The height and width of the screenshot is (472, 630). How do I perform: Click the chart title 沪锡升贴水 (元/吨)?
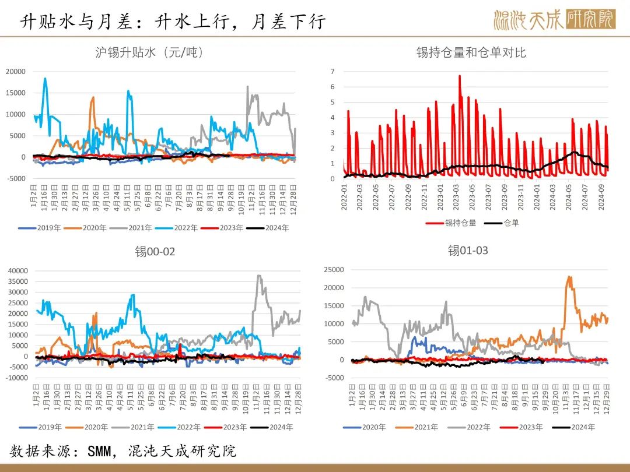149,52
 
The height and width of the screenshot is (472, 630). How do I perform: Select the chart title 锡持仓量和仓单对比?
471,52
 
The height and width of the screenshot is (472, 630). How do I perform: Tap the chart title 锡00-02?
155,252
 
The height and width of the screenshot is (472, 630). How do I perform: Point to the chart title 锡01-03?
468,251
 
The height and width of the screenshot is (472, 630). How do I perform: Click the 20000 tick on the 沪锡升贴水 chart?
16,71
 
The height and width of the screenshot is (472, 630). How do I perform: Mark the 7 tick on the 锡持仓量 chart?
332,72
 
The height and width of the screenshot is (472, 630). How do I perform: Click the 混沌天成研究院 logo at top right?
554,20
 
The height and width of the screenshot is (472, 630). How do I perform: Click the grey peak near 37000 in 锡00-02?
258,276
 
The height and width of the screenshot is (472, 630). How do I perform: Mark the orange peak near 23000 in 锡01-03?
569,277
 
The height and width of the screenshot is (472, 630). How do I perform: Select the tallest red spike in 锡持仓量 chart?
460,76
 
